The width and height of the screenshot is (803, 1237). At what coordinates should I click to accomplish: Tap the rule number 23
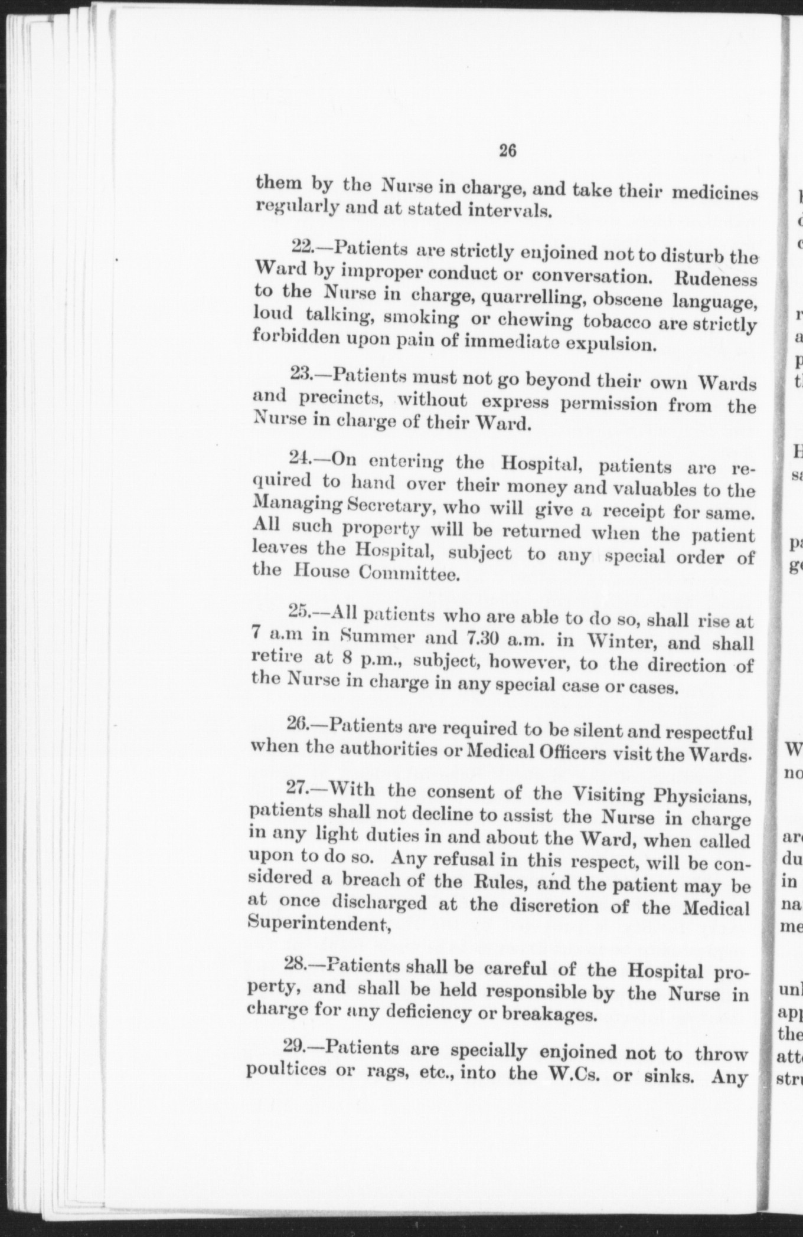pyautogui.click(x=301, y=373)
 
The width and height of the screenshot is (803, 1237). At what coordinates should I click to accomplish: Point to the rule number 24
pyautogui.click(x=299, y=457)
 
